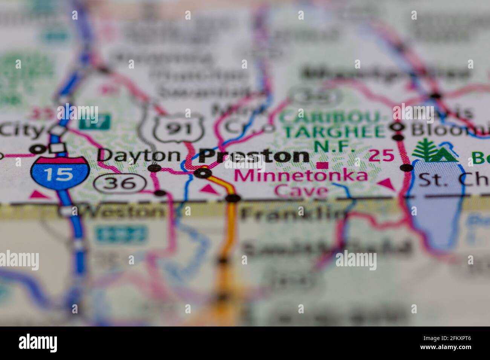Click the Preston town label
pos(254,156)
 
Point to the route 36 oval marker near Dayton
pos(120,183)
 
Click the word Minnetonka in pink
pos(301,176)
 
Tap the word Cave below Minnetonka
pos(301,191)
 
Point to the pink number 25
pos(382,155)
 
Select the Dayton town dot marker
pos(154,168)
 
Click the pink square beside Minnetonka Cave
pos(322,165)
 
